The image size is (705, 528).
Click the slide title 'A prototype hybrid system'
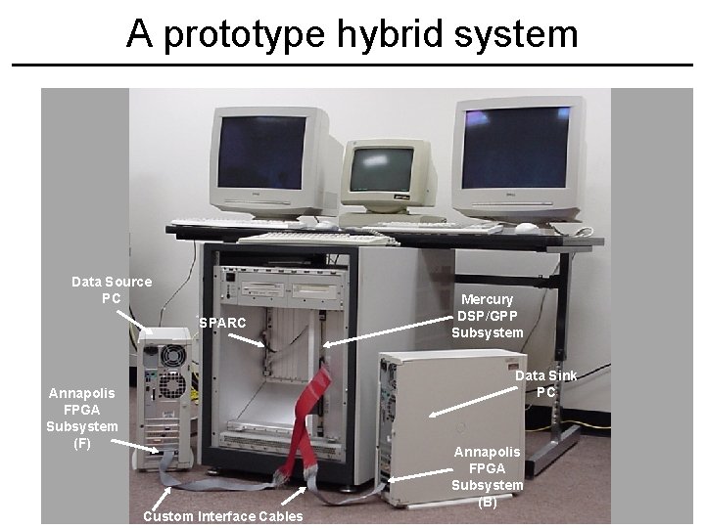click(352, 33)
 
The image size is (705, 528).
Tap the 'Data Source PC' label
click(112, 289)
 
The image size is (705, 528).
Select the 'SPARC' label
click(222, 322)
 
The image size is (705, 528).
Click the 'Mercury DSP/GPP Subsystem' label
click(487, 316)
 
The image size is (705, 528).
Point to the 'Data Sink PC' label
click(545, 383)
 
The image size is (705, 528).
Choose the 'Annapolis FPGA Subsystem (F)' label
click(82, 418)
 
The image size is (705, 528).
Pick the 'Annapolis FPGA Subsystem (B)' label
click(487, 476)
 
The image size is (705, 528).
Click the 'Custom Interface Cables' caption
click(223, 516)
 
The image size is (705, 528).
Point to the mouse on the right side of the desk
click(527, 227)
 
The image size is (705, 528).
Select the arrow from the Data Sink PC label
click(474, 402)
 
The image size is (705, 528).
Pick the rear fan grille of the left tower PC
click(172, 384)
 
